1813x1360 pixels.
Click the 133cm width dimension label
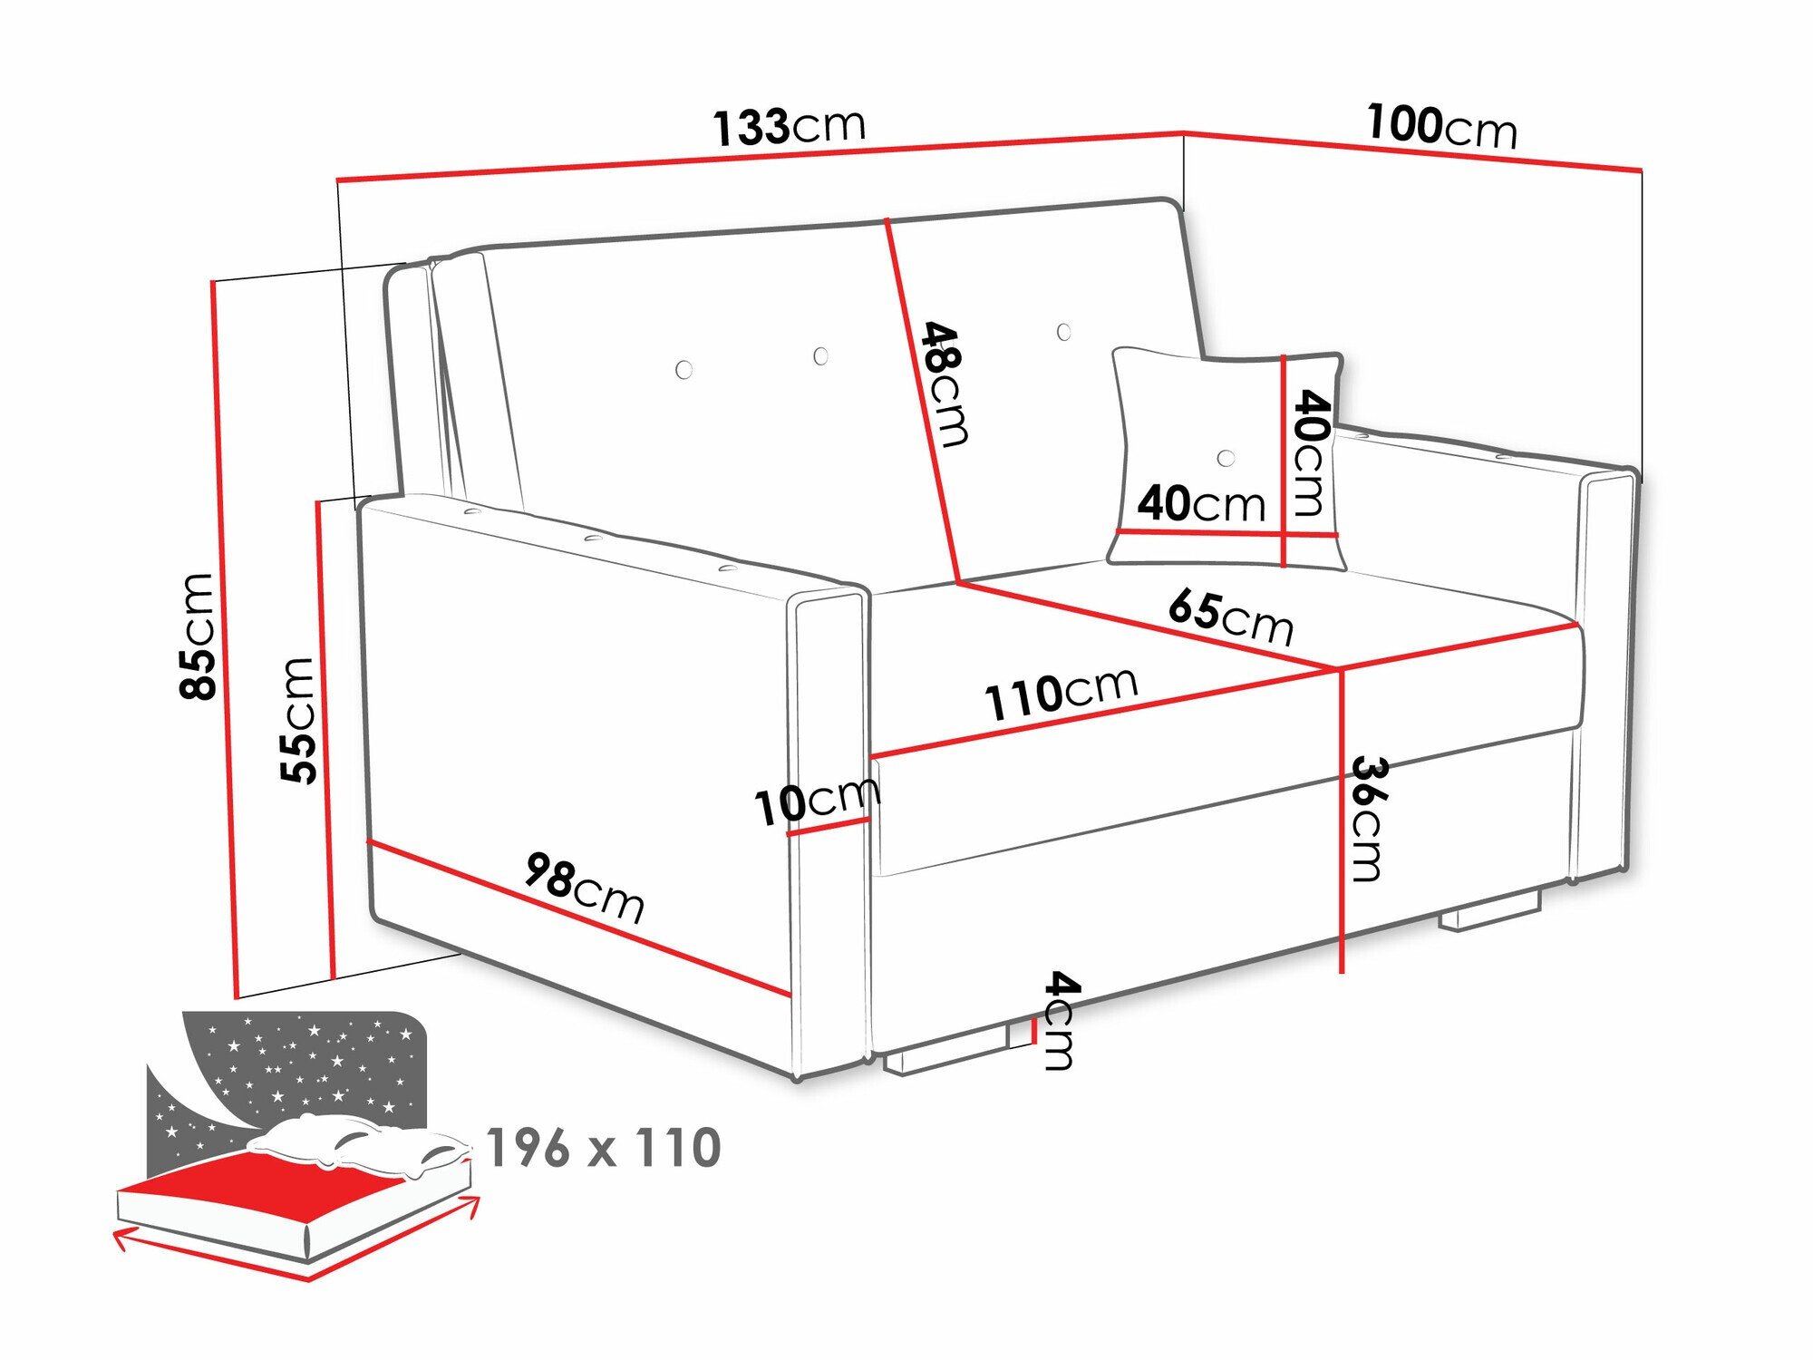pos(789,126)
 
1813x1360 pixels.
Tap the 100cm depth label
pos(1441,126)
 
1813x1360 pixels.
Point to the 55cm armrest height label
pos(297,720)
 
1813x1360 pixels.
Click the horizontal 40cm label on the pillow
pos(1201,503)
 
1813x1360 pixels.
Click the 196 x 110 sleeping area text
pos(604,1148)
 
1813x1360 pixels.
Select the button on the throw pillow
pos(1226,458)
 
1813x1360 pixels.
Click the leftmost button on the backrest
pos(684,369)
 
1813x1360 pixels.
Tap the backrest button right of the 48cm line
pos(1064,332)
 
